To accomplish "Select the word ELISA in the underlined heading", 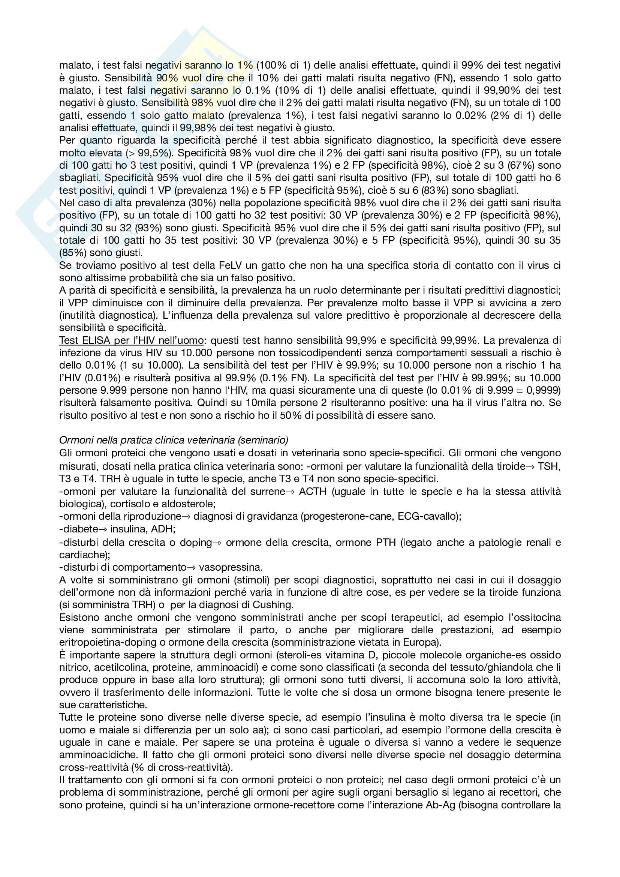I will (94, 340).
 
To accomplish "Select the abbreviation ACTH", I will (313, 491).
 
